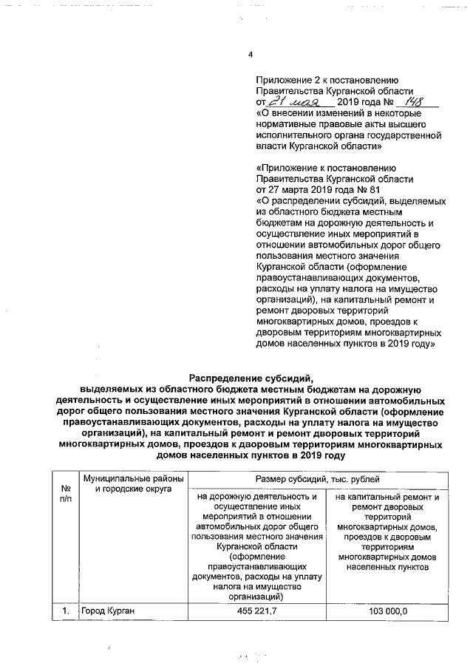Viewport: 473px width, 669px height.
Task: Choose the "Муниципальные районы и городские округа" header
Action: [x=127, y=484]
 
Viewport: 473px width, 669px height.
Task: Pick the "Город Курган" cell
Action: [x=108, y=611]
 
